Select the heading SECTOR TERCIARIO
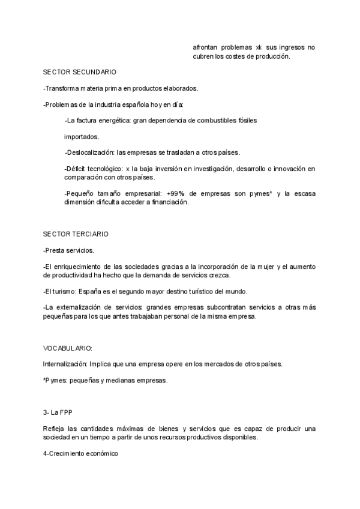coord(76,233)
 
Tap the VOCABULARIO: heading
coord(68,348)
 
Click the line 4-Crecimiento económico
coord(80,454)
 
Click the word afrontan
coord(205,47)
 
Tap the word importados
coord(82,136)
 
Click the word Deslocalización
coord(90,152)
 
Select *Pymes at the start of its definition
coord(55,381)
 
